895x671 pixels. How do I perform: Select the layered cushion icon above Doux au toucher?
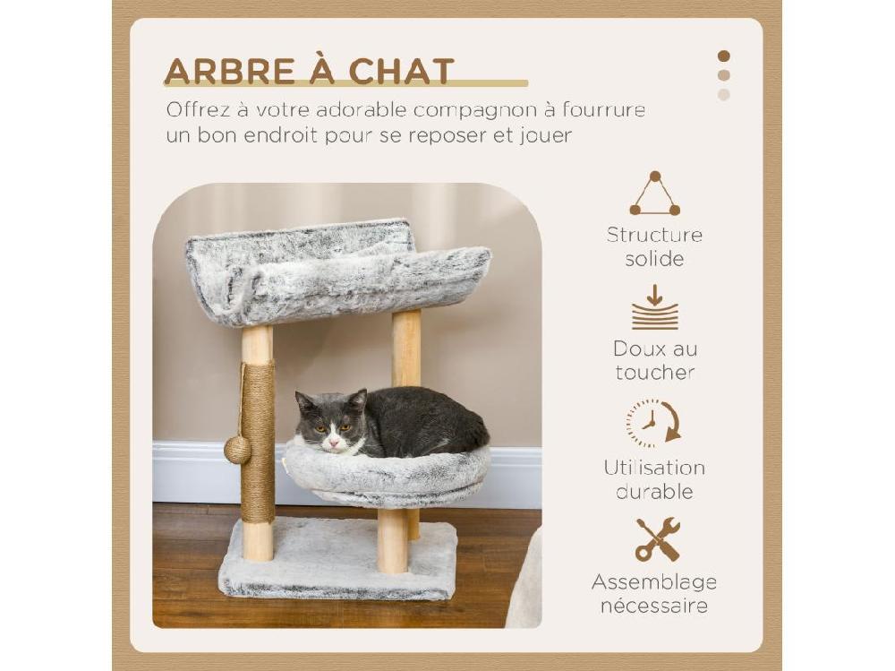point(654,308)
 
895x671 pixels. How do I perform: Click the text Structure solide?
point(654,247)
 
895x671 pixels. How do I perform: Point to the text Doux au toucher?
point(654,361)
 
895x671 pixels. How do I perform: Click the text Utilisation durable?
point(654,479)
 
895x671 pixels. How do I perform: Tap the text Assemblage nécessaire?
point(654,594)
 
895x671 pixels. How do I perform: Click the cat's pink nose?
point(334,439)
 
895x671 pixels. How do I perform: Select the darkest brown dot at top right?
point(723,56)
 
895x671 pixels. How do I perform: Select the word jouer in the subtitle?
point(541,136)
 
